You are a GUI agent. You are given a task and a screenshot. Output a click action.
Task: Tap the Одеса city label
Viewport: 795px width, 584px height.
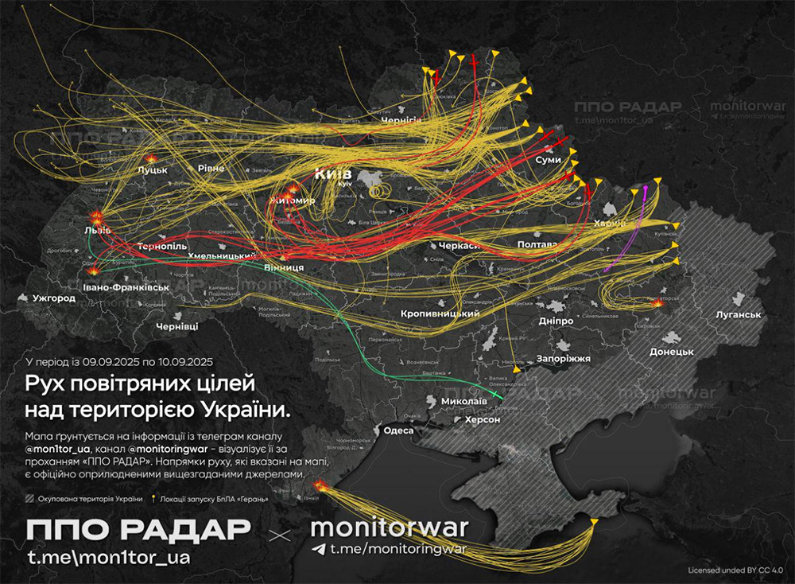pos(398,430)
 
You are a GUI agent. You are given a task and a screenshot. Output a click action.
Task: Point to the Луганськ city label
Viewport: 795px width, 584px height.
pos(738,314)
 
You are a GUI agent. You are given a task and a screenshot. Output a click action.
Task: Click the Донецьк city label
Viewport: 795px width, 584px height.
pos(672,351)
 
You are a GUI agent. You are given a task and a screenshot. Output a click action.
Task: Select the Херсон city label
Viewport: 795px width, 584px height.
pos(483,419)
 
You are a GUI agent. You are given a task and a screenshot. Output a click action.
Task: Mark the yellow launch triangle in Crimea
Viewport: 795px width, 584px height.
pos(594,521)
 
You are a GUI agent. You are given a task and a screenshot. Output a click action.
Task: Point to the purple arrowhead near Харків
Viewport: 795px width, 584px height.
pos(646,188)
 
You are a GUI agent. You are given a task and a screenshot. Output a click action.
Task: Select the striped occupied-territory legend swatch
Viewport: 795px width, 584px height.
pos(31,499)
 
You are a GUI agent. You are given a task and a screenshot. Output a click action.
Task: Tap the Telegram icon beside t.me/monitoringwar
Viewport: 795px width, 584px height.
pos(319,549)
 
